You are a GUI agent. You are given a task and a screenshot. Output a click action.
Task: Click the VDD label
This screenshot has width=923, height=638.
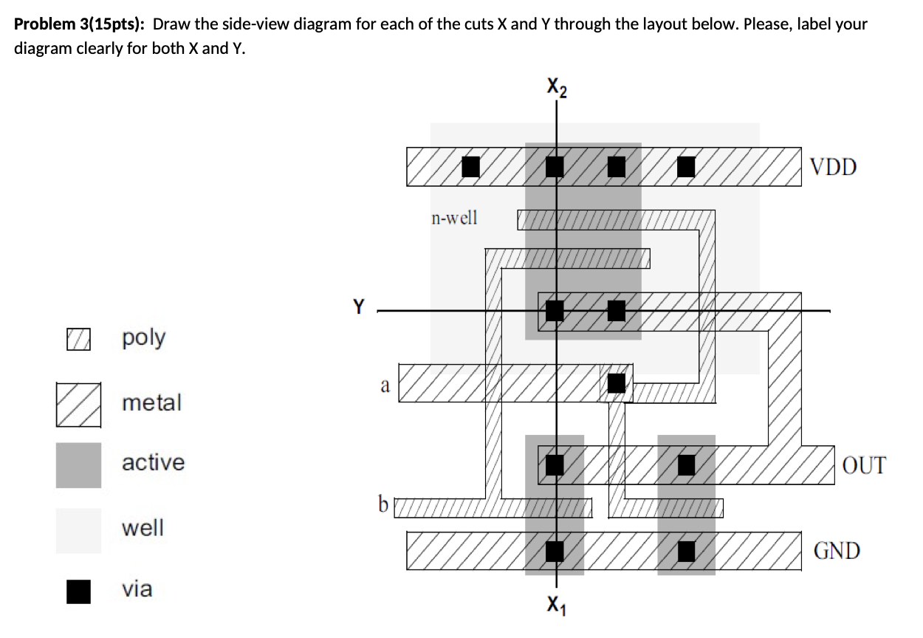(833, 167)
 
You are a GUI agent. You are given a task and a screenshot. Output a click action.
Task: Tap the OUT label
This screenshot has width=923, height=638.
(863, 465)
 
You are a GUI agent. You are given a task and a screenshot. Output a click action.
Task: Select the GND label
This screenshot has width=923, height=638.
(837, 551)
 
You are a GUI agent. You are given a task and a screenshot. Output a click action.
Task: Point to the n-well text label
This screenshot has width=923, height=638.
(454, 218)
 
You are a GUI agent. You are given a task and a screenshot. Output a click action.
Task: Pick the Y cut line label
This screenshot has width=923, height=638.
(359, 306)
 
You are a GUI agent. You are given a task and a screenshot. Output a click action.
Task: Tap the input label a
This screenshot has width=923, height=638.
(384, 385)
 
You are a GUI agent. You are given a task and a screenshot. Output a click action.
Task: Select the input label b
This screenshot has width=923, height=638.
(382, 504)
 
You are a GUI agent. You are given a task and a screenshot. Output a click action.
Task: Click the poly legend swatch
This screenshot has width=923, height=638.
(78, 339)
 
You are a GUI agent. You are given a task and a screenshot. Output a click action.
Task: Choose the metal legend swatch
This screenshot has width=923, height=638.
(78, 404)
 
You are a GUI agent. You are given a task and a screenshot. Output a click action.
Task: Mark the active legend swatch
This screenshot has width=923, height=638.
(78, 464)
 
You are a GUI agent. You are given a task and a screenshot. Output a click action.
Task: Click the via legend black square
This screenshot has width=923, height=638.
(78, 591)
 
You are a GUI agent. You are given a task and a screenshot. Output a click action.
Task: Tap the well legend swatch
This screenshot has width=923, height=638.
(78, 530)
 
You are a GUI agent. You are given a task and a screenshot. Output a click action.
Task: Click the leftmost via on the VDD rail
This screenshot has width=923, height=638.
(470, 167)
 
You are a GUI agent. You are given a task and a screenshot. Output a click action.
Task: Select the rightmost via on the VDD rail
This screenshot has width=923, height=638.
(686, 167)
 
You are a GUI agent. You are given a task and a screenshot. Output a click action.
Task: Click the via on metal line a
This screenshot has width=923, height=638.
(616, 383)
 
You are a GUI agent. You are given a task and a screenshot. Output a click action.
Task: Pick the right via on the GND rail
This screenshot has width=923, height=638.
(686, 551)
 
